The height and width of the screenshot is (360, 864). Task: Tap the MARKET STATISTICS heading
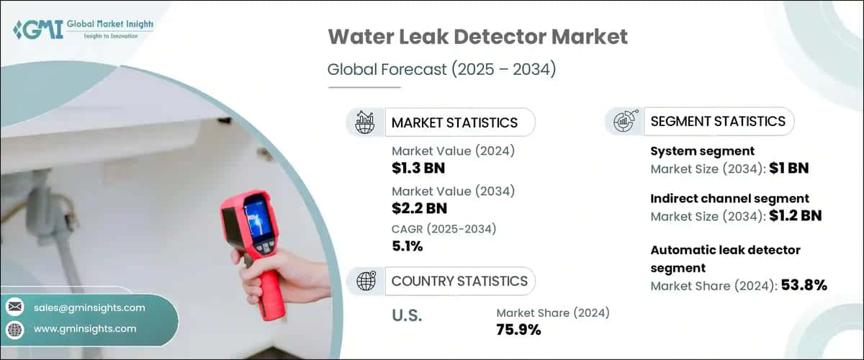(x=454, y=122)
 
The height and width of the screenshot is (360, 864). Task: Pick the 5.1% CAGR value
(x=407, y=246)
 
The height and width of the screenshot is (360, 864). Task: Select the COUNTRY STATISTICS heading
(x=459, y=281)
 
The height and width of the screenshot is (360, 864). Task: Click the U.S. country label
(x=408, y=315)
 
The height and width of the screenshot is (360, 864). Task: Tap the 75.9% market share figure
(x=519, y=330)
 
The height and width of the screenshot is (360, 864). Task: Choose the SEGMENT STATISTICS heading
(x=718, y=121)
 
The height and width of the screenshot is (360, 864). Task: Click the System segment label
(x=702, y=151)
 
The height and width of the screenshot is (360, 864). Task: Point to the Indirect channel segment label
(x=730, y=198)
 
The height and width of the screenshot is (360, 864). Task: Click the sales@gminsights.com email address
(x=89, y=307)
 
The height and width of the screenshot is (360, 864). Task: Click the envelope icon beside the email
(x=15, y=307)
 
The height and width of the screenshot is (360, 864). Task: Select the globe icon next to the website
(x=15, y=329)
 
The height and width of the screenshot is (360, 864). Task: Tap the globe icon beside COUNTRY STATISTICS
(x=366, y=281)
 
